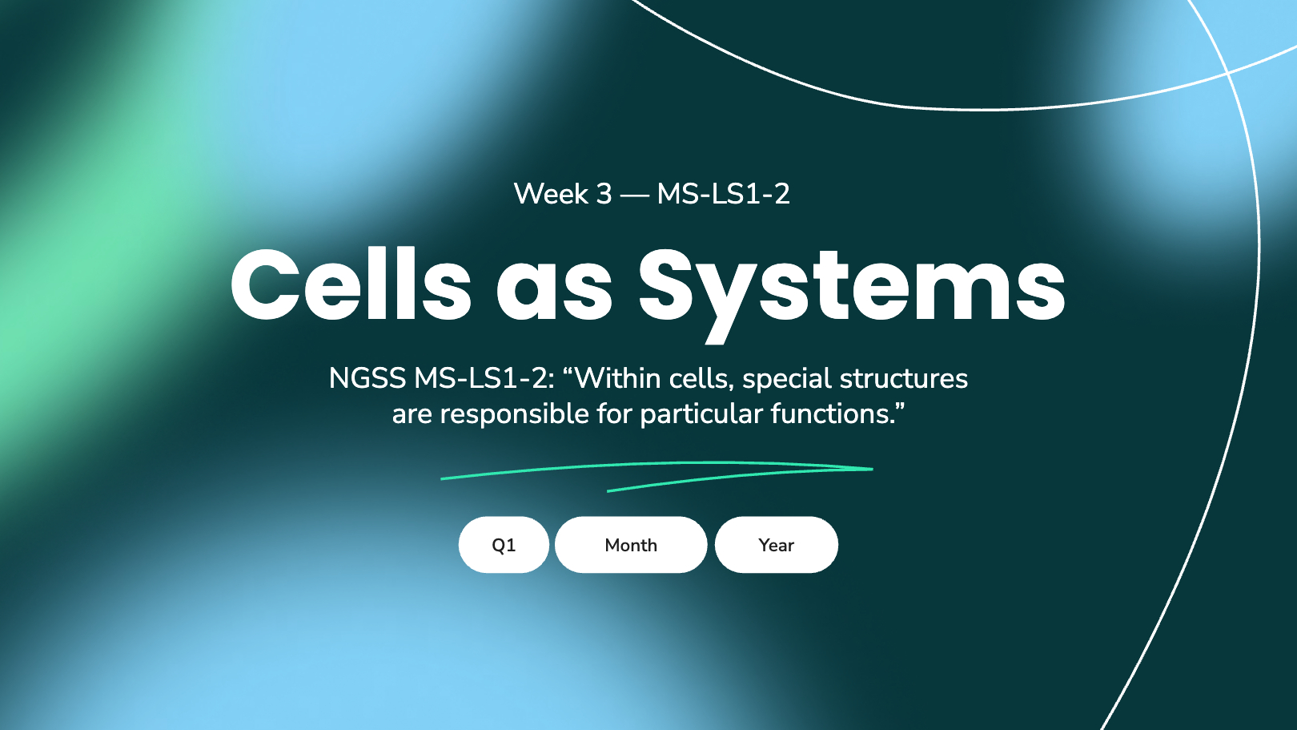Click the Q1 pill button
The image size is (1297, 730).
coord(504,545)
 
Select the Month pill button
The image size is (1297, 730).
coord(631,545)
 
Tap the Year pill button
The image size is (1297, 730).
coord(776,545)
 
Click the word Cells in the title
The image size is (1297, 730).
coord(351,284)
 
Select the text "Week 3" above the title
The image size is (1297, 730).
coord(563,193)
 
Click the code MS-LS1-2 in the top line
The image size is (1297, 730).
coord(723,193)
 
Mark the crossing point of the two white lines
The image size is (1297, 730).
coord(1227,73)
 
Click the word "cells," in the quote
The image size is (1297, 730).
coord(702,379)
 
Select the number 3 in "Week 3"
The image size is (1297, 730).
coord(604,194)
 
